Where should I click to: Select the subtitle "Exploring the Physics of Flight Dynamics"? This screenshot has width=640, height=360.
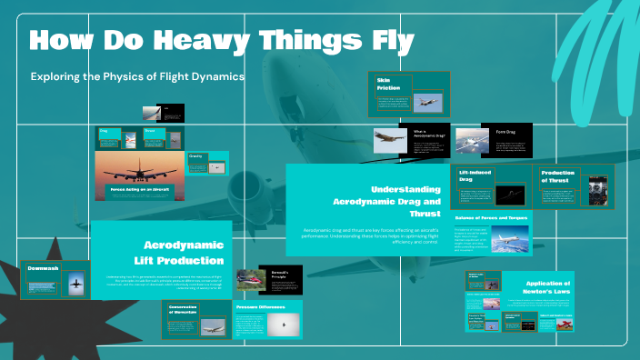coord(137,77)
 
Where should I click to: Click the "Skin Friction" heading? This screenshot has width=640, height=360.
coord(388,85)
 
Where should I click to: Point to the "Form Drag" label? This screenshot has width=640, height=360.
coord(505,131)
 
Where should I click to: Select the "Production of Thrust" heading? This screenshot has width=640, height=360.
coord(558,176)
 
